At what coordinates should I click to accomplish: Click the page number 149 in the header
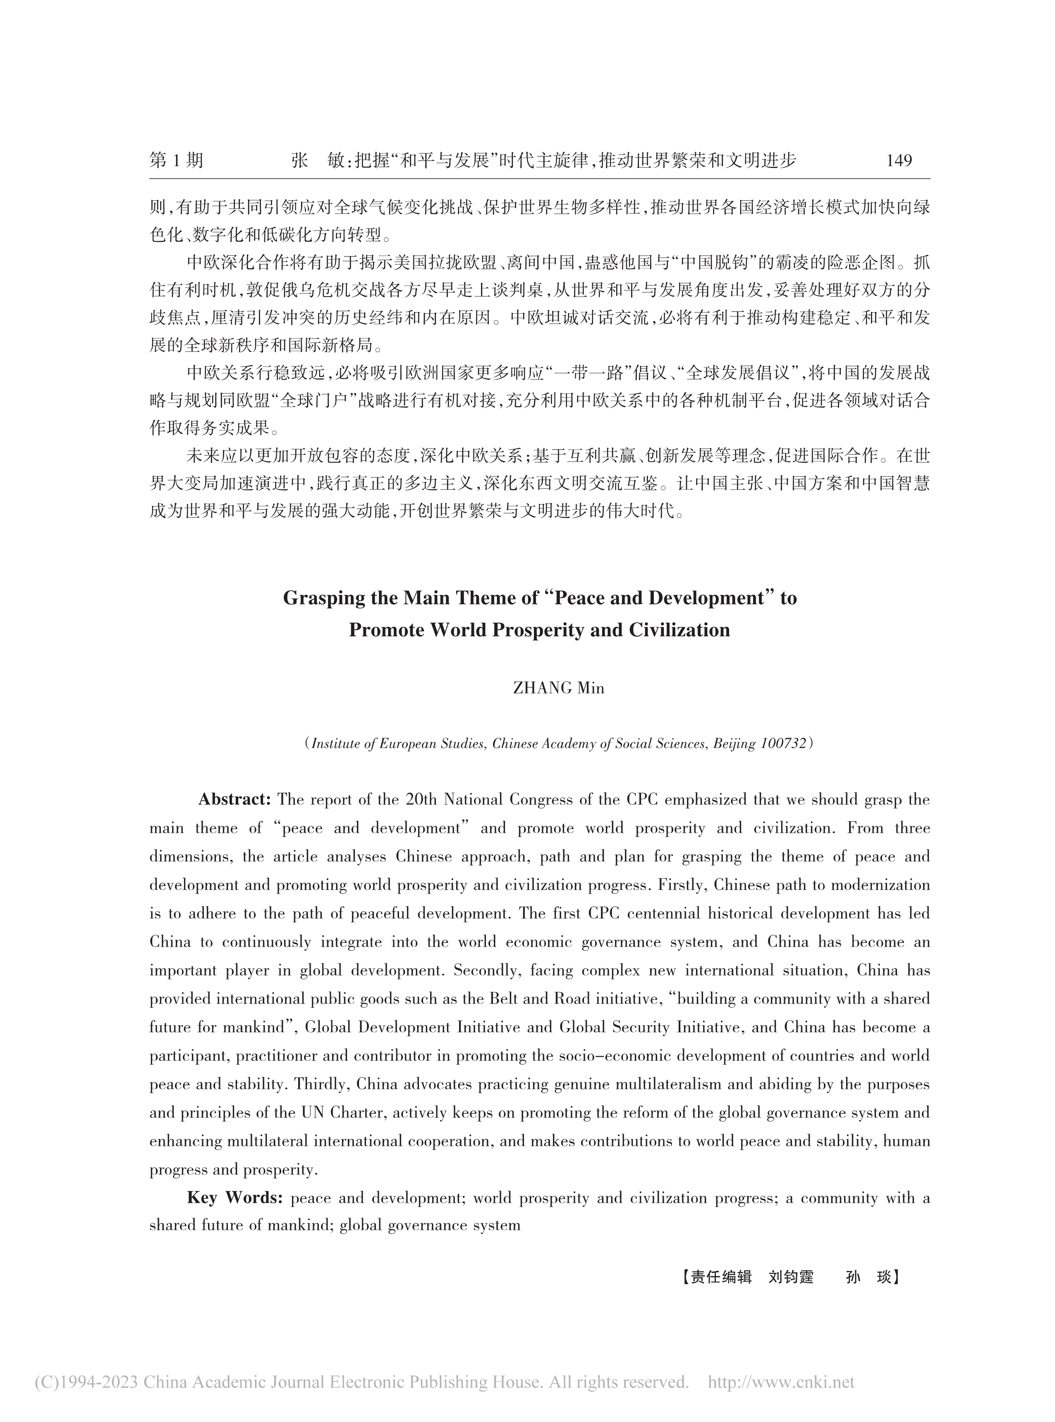tap(899, 161)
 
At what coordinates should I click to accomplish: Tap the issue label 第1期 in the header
tap(176, 161)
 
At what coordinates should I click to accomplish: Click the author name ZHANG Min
tap(559, 688)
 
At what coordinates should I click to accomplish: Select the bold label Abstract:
tap(235, 799)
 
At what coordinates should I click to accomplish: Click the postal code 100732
tap(784, 743)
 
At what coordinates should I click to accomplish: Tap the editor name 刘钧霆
tap(791, 1277)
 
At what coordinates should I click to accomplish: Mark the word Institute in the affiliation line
tap(337, 743)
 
